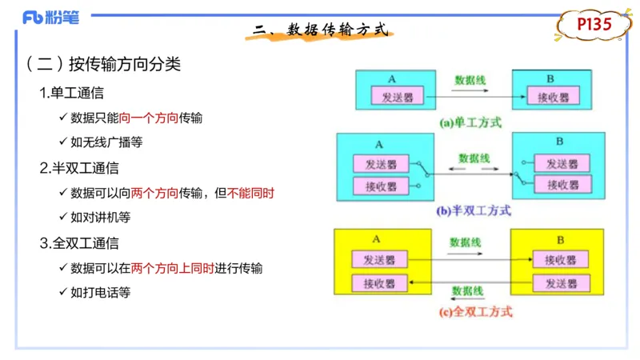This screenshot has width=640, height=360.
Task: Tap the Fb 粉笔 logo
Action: click(x=51, y=18)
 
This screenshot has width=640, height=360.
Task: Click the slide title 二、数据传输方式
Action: click(x=320, y=31)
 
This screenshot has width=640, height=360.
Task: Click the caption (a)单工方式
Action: click(x=470, y=123)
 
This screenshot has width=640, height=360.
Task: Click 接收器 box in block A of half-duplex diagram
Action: click(x=381, y=186)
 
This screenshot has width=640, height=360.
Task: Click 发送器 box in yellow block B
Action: click(x=561, y=282)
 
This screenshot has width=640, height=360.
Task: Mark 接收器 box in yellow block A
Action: click(x=380, y=282)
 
